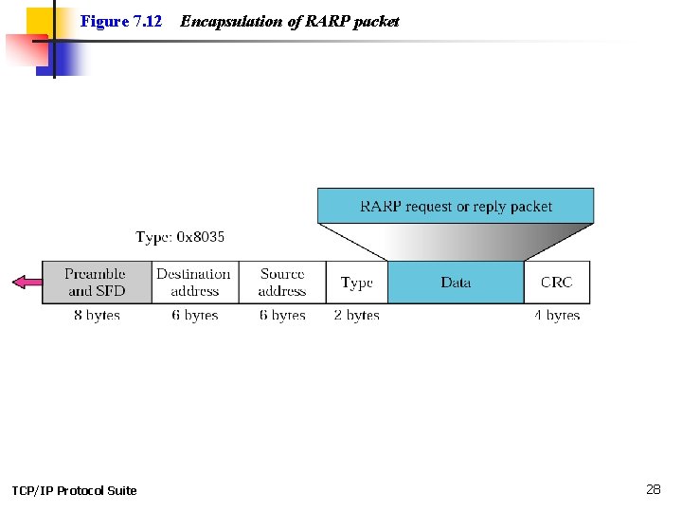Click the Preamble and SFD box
coord(97,283)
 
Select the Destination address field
coord(194,283)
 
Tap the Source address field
coord(282,283)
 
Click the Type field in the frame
coord(357,283)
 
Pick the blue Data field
coord(456,283)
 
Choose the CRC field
coord(557,283)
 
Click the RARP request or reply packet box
coord(456,206)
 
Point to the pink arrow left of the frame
coord(27,282)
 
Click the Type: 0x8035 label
coord(180,237)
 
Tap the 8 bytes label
coord(97,315)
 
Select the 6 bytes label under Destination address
coord(194,315)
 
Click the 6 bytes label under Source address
coord(282,315)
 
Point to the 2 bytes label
coord(357,315)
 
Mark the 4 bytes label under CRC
coord(557,315)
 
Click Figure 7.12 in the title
coord(121,21)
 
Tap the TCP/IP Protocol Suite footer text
coord(74,490)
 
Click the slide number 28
coord(654,489)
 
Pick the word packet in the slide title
coord(377,21)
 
